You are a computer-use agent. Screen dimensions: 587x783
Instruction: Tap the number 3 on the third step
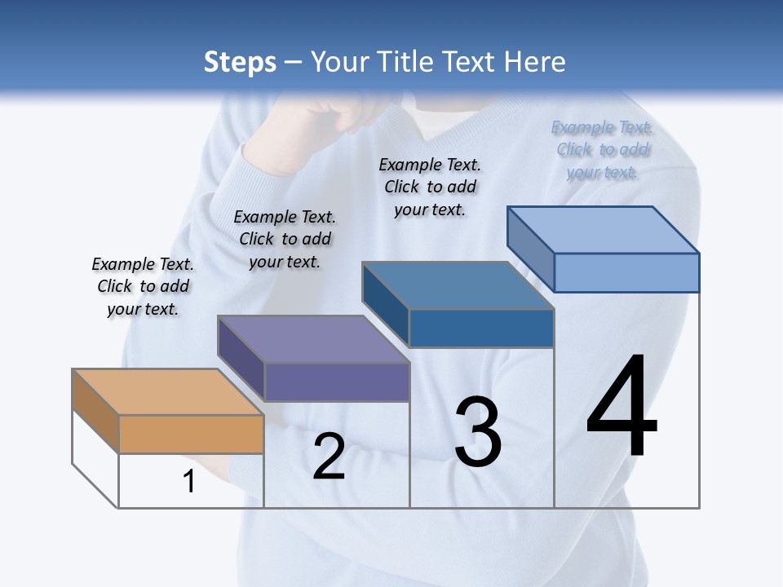(477, 432)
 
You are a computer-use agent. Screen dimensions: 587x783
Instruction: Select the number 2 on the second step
(329, 457)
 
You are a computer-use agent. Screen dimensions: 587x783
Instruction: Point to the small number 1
(189, 482)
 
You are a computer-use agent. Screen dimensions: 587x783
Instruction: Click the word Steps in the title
(240, 62)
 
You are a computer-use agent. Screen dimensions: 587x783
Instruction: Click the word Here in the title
(534, 62)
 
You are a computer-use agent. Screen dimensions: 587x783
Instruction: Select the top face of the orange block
(167, 392)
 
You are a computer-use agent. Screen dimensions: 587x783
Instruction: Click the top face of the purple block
(313, 339)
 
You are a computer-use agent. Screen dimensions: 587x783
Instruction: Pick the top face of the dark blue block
(458, 285)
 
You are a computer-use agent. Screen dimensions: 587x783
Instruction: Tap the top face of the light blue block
(603, 230)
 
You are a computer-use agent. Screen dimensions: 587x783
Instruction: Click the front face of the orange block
(191, 434)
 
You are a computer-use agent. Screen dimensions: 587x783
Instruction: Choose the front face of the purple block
(337, 382)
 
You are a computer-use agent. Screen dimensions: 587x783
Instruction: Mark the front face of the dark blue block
(481, 328)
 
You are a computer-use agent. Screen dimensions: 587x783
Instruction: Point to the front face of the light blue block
(626, 272)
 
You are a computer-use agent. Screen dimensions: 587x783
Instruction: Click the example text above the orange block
(143, 286)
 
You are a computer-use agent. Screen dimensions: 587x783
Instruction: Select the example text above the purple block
(285, 239)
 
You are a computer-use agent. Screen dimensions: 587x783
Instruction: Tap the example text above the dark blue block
(430, 187)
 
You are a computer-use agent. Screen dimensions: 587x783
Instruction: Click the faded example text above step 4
(602, 149)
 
